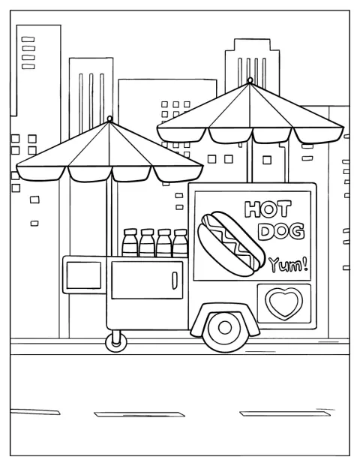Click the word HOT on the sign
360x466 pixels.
pyautogui.click(x=268, y=209)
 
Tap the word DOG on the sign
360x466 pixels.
pyautogui.click(x=281, y=231)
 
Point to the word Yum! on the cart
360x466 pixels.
pyautogui.click(x=288, y=264)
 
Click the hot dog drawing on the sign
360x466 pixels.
pyautogui.click(x=232, y=244)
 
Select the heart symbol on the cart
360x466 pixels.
pyautogui.click(x=284, y=303)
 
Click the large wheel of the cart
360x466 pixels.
pyautogui.click(x=224, y=328)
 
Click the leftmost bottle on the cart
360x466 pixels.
pyautogui.click(x=130, y=242)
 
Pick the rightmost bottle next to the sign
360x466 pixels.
pyautogui.click(x=180, y=243)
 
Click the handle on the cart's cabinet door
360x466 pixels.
pyautogui.click(x=175, y=280)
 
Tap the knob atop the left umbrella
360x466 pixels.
pyautogui.click(x=109, y=119)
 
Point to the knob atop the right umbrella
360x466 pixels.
pyautogui.click(x=250, y=80)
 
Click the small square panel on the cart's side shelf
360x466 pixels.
pyautogui.click(x=84, y=275)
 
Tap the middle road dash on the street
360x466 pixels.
pyautogui.click(x=139, y=414)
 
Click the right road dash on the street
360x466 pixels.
pyautogui.click(x=285, y=413)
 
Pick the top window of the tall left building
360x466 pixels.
pyautogui.click(x=28, y=39)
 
